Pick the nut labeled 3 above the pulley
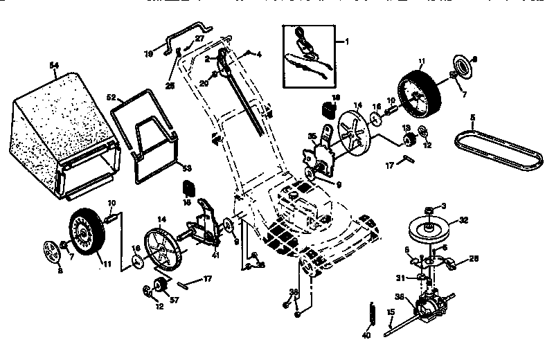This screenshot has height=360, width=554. tap(430, 207)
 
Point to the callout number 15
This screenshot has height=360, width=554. tap(391, 312)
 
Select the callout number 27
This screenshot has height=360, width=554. tap(199, 39)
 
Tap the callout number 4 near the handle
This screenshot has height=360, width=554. tap(258, 53)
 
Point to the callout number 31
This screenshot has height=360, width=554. tap(400, 279)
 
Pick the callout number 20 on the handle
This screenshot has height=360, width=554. tap(203, 82)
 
